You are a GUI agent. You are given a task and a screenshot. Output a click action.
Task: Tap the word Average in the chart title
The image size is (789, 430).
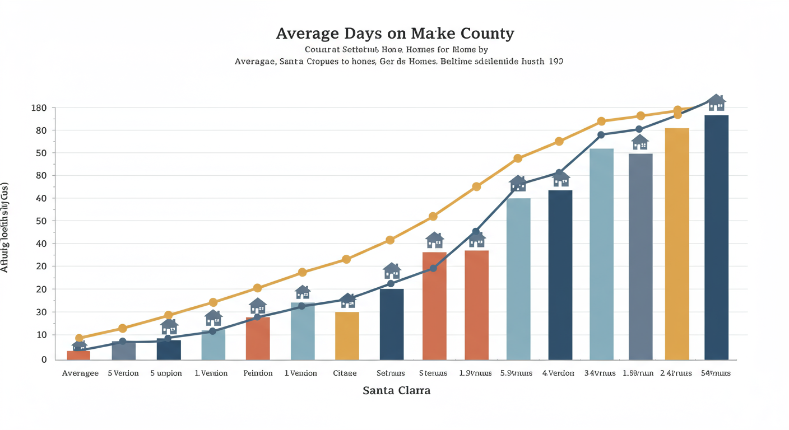click(305, 34)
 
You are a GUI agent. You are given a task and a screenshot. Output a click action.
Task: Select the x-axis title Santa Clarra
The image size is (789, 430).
click(396, 390)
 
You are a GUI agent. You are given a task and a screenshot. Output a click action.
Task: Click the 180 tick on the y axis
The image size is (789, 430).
click(39, 107)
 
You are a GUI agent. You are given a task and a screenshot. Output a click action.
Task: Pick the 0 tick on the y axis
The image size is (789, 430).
click(44, 359)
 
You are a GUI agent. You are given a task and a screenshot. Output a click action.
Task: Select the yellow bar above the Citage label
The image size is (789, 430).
click(347, 335)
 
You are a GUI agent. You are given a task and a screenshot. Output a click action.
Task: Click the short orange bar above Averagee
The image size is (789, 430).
click(78, 355)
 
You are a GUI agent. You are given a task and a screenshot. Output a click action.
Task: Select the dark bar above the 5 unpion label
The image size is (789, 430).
click(169, 349)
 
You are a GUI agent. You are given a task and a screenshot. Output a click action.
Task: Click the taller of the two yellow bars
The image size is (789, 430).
click(677, 244)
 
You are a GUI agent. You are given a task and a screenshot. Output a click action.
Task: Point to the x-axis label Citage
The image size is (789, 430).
click(345, 373)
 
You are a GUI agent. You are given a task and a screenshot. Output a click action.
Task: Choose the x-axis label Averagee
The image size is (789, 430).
click(80, 373)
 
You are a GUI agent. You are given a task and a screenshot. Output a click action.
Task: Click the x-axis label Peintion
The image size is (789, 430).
click(258, 373)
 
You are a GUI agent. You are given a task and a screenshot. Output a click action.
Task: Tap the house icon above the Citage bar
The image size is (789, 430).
click(348, 301)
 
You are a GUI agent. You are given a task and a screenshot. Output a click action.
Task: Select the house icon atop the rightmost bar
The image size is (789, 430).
click(716, 103)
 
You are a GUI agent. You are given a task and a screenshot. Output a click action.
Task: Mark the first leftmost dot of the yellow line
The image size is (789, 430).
click(80, 338)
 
